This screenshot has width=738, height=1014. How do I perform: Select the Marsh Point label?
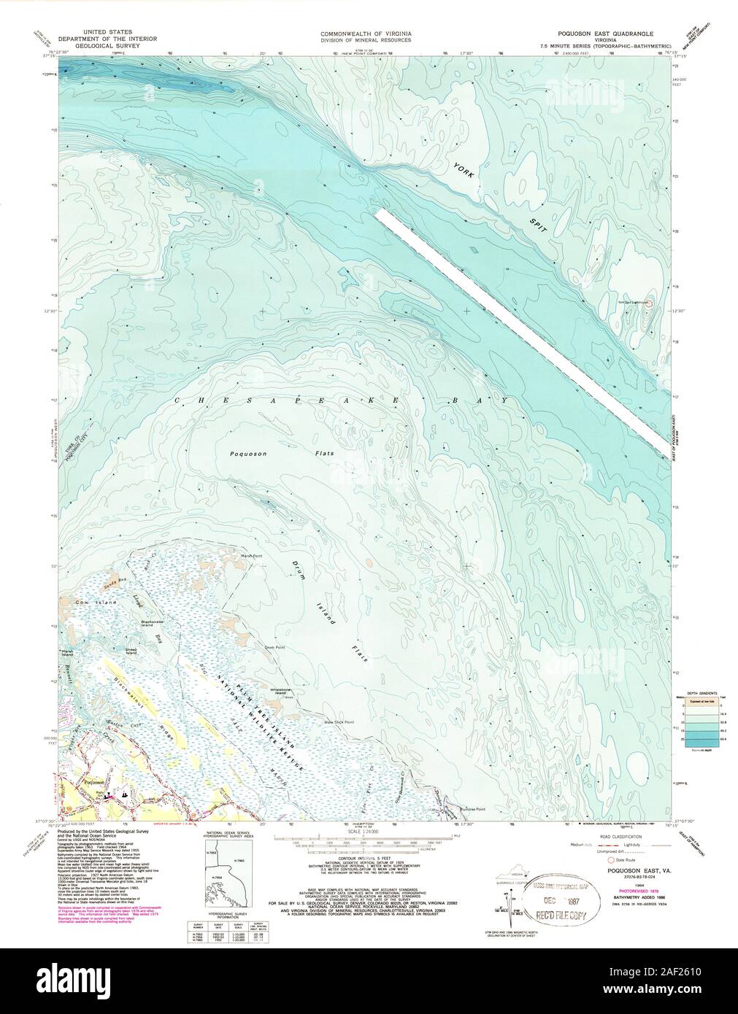coord(251,556)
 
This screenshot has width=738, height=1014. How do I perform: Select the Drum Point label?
coord(264,646)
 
